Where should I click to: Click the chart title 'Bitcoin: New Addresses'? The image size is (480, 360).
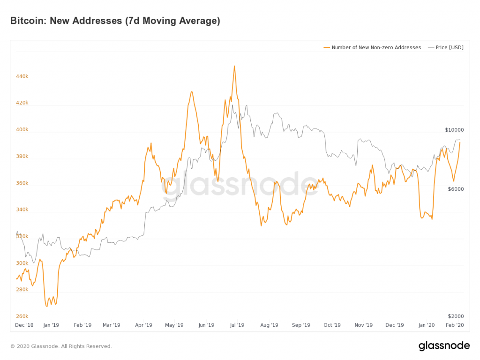115,21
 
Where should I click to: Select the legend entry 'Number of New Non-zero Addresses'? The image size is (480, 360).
372,47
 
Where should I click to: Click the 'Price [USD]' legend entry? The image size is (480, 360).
446,47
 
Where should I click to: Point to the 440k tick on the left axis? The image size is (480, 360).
22,76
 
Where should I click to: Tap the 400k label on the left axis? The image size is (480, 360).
22,130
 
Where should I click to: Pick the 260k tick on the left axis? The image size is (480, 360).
22,316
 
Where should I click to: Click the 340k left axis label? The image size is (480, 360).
22,210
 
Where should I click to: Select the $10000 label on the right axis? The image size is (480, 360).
454,130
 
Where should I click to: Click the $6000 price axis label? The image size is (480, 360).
456,189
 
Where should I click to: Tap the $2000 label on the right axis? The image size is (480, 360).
456,316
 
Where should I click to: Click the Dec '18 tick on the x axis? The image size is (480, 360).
24,325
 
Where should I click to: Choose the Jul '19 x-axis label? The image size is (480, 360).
237,325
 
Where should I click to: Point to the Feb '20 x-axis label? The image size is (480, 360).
455,325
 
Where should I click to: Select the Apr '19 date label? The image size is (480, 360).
143,325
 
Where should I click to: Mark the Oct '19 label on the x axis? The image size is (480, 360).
332,325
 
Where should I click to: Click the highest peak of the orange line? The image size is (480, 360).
234,66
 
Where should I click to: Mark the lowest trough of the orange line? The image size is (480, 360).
47,307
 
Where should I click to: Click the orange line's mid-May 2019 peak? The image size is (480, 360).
191,92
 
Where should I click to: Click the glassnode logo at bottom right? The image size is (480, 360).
444,346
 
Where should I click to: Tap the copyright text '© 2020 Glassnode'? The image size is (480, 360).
61,346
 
